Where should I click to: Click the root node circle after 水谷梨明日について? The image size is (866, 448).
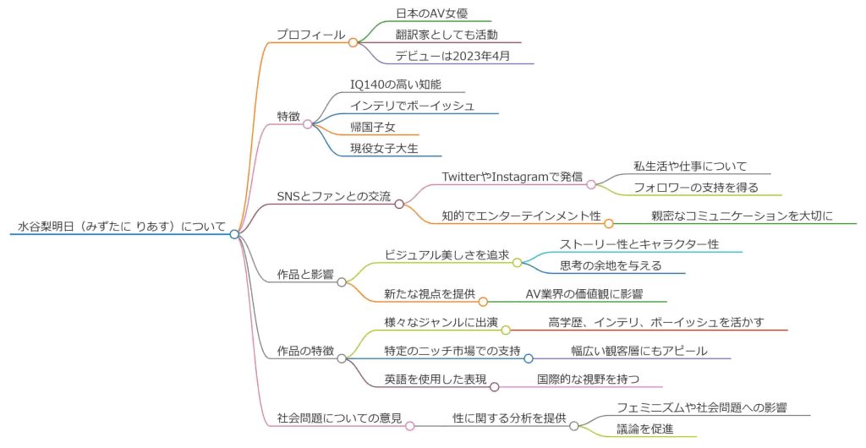[235, 234]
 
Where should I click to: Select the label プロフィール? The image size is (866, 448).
[310, 36]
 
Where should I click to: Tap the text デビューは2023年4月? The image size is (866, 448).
[452, 57]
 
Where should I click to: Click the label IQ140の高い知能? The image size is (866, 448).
[396, 85]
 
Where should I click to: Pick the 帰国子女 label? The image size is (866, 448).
[373, 127]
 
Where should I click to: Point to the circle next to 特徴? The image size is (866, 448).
[308, 124]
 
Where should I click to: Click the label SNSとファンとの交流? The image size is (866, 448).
[334, 197]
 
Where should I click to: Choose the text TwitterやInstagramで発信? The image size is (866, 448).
[514, 176]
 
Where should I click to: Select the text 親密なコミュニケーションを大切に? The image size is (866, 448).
[742, 216]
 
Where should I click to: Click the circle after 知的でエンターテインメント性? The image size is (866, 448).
[608, 223]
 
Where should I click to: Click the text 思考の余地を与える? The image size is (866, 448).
[611, 265]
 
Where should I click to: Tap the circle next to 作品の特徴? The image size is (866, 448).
[342, 358]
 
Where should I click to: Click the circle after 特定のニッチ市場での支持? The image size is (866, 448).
[529, 358]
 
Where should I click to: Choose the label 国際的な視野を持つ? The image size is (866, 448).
[588, 379]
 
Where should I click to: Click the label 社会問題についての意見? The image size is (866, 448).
[339, 418]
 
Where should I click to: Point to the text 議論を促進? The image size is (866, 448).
[644, 429]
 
